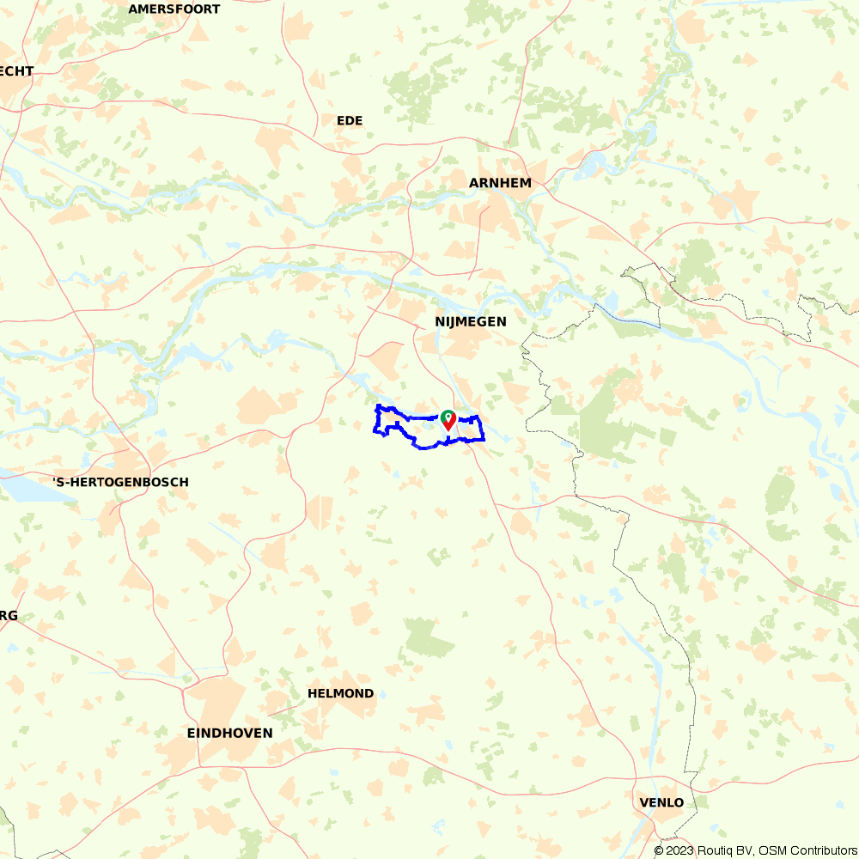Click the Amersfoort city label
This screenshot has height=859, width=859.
174,9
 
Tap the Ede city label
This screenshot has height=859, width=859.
350,121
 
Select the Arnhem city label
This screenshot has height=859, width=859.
500,183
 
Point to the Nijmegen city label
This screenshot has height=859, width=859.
470,322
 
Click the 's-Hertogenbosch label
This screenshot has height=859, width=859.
120,483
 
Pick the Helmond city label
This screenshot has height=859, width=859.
341,693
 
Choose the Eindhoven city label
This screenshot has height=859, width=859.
229,734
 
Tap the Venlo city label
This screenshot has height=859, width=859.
661,803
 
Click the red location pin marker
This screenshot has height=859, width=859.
448,420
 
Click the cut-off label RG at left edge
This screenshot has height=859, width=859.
9,616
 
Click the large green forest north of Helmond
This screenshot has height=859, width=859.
429,637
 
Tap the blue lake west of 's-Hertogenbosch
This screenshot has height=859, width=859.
21,488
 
